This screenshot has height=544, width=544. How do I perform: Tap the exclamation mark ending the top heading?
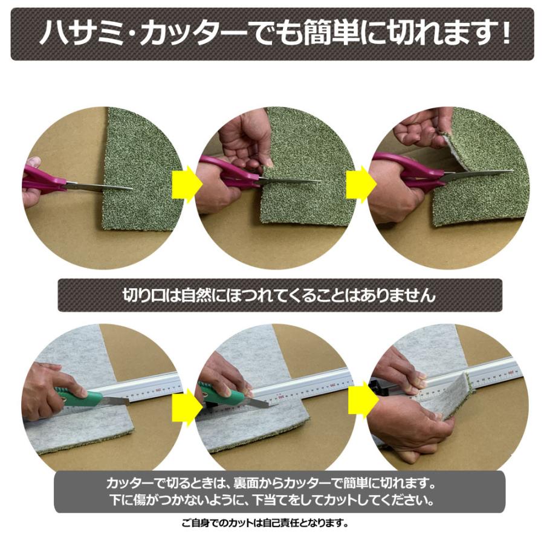click(504, 34)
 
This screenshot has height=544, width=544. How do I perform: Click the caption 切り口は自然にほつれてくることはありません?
click(279, 296)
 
